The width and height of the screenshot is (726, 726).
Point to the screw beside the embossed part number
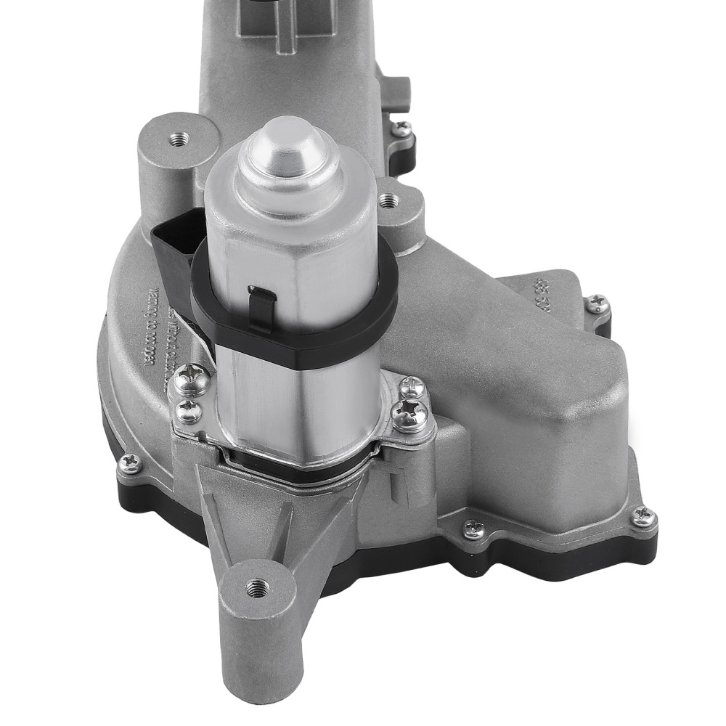tap(598, 303)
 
